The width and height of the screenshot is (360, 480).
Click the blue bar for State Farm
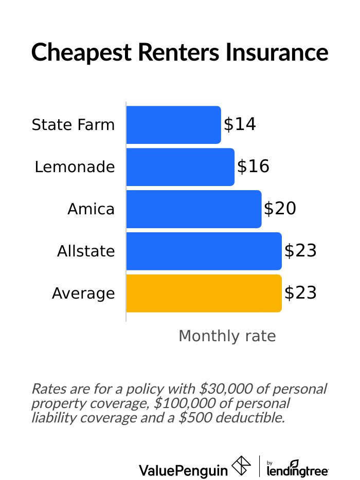173,125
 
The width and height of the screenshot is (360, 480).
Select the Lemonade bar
180,167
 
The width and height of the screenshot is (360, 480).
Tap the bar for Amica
193,209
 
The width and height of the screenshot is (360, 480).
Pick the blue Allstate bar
204,251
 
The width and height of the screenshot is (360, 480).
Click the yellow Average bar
204,293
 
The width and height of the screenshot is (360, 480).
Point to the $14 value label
240,125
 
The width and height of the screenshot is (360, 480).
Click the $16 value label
253,167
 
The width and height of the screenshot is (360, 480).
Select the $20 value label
280,209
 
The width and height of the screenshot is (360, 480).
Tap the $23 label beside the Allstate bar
300,251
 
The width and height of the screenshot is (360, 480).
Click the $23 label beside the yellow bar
300,293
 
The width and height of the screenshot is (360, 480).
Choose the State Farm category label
73,125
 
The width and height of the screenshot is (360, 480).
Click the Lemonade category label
75,167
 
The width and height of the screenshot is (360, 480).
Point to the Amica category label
91,209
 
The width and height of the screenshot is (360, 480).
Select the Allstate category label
86,251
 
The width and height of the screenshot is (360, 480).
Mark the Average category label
83,294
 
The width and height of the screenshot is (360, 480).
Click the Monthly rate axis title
227,336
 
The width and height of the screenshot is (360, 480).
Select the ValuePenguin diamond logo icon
242,466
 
